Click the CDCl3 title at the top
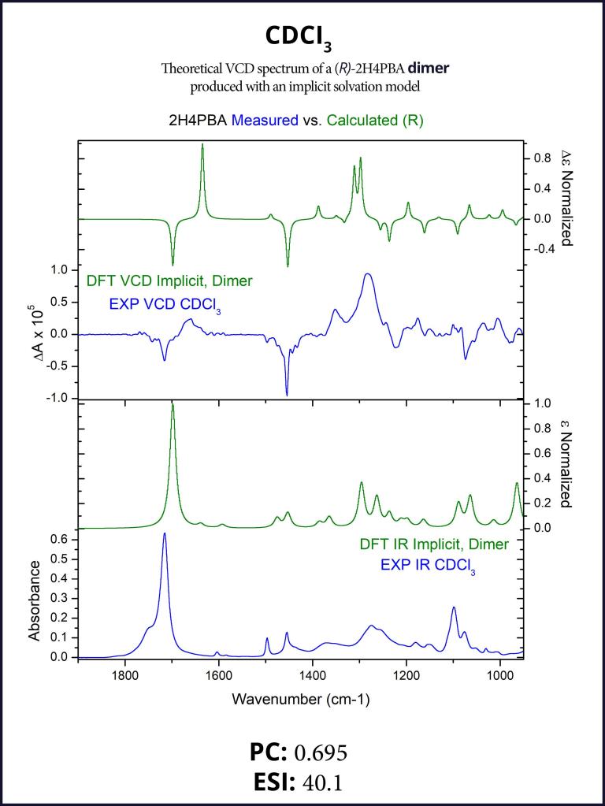(302, 38)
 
